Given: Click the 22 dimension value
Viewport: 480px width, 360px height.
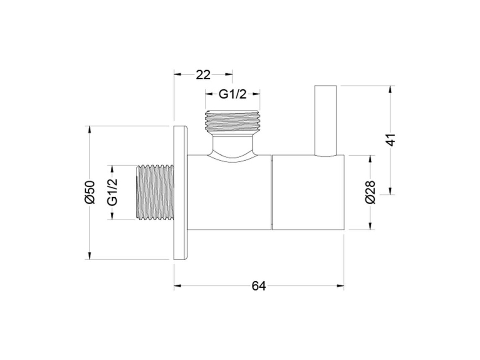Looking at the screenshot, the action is pyautogui.click(x=203, y=75).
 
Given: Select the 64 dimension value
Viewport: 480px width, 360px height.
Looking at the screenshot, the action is pyautogui.click(x=259, y=286).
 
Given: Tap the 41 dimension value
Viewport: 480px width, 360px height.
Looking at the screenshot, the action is pyautogui.click(x=391, y=140).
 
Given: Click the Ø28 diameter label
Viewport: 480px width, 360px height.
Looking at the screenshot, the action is pyautogui.click(x=370, y=192).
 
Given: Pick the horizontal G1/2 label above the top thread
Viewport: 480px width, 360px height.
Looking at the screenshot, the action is pyautogui.click(x=232, y=94).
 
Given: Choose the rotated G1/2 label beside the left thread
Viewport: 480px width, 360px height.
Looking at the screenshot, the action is pyautogui.click(x=112, y=192).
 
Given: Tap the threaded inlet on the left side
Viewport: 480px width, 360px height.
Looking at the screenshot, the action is pyautogui.click(x=155, y=192).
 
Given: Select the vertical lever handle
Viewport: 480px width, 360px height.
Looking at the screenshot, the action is pyautogui.click(x=326, y=121).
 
